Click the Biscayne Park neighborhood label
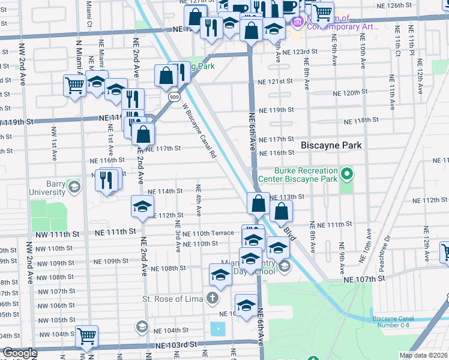(x=329, y=145)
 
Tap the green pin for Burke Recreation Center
(x=346, y=175)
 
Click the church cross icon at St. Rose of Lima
(x=211, y=298)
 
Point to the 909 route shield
(x=173, y=96)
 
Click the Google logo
(x=19, y=353)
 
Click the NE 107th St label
(x=364, y=280)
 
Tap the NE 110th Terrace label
(x=208, y=233)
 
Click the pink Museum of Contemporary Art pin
(x=296, y=23)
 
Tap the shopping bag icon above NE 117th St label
(x=143, y=133)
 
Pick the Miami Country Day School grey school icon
(x=285, y=266)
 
